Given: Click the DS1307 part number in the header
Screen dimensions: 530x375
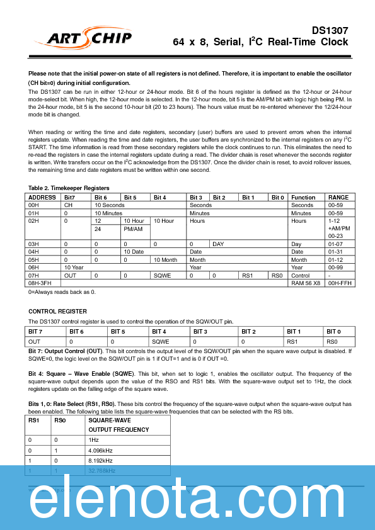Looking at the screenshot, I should [x=330, y=30].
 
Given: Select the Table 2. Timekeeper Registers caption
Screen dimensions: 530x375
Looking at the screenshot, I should [x=69, y=188].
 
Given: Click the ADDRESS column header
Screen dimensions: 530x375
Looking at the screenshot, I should [x=43, y=197].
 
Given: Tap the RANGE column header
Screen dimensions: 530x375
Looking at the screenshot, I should [x=338, y=197].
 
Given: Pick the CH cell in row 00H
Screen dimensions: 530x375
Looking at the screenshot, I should [x=68, y=205].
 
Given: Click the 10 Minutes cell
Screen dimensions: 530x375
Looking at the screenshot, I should [x=108, y=213].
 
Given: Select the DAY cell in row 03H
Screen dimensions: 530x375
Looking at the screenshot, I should [x=218, y=244].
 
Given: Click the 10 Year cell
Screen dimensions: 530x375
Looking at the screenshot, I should [x=74, y=267].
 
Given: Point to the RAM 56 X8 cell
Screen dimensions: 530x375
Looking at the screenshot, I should [x=306, y=283].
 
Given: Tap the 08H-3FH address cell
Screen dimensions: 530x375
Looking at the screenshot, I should [x=41, y=283].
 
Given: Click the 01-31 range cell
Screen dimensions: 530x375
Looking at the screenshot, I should [x=335, y=251].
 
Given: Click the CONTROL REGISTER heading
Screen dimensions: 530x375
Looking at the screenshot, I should [x=57, y=311].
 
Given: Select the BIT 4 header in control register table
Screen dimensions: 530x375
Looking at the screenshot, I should [x=160, y=331].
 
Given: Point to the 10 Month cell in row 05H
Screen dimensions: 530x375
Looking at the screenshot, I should [x=165, y=259].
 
